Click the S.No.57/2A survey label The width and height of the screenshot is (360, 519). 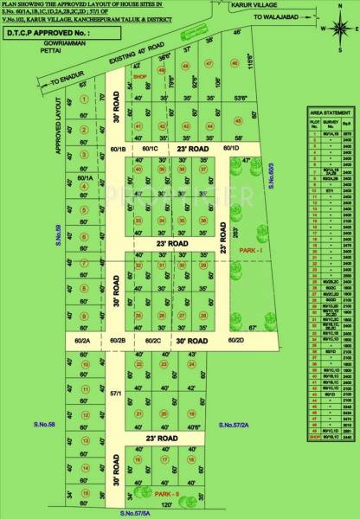click(235, 425)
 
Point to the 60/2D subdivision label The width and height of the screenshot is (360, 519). click(236, 342)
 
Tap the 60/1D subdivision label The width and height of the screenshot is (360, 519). click(231, 148)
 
